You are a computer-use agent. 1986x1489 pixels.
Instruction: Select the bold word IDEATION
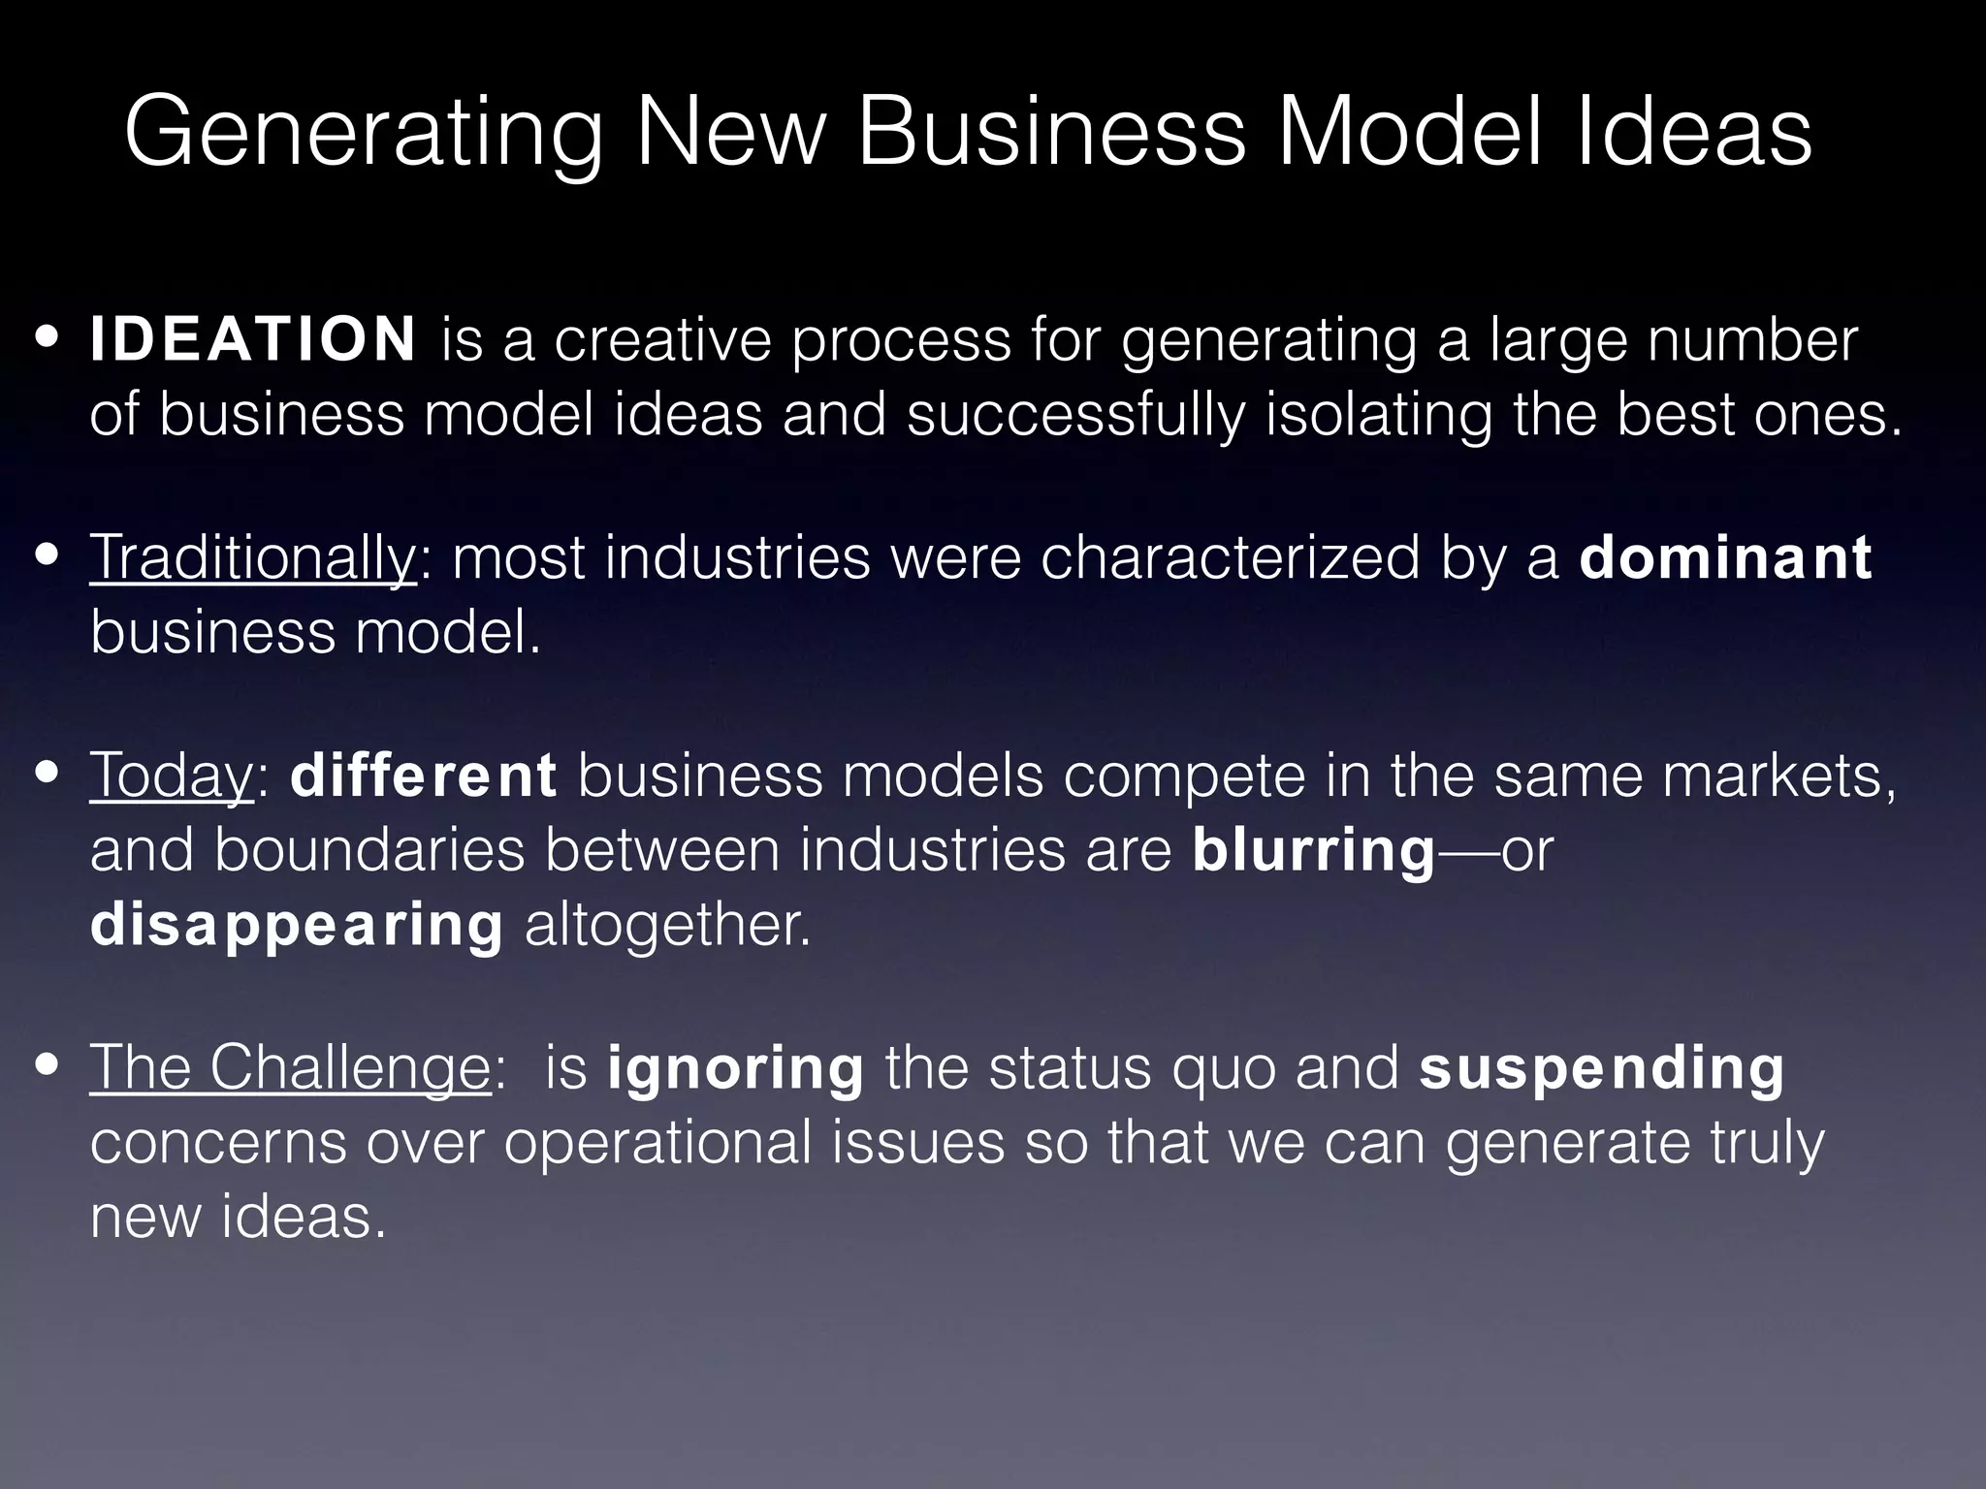(253, 338)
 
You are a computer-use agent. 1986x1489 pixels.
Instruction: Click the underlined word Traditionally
(253, 559)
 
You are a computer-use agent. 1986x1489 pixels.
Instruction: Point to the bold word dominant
(1725, 557)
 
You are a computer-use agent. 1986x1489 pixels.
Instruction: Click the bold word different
(423, 776)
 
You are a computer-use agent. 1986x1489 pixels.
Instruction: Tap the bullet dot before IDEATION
(46, 340)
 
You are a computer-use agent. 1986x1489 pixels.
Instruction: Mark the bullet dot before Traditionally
(46, 558)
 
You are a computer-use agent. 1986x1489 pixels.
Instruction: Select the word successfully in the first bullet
(1075, 415)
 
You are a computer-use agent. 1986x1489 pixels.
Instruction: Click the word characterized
(1230, 559)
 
